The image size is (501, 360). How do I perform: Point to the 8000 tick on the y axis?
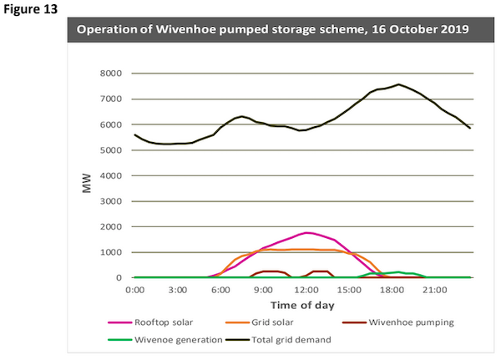pyautogui.click(x=110, y=74)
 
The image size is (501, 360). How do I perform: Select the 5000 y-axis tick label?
pyautogui.click(x=110, y=150)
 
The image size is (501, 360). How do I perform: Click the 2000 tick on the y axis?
pyautogui.click(x=110, y=227)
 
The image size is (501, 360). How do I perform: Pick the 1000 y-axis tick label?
pyautogui.click(x=110, y=252)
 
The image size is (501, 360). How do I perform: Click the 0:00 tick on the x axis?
pyautogui.click(x=134, y=290)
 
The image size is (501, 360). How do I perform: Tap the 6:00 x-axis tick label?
pyautogui.click(x=220, y=290)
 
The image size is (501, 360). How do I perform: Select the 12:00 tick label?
pyautogui.click(x=306, y=290)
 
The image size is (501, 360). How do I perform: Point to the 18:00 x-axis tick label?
pyautogui.click(x=392, y=290)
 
